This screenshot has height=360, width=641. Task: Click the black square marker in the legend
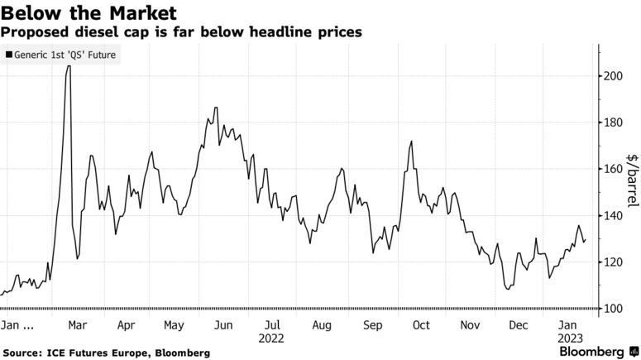pos(9,55)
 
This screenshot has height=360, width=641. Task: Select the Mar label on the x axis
pos(77,325)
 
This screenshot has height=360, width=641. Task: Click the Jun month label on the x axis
pos(222,325)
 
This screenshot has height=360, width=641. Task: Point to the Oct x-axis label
pos(420,325)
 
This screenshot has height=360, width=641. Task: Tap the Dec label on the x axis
pos(519,325)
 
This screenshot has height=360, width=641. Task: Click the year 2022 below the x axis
pos(271,338)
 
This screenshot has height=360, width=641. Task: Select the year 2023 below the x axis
pos(567,338)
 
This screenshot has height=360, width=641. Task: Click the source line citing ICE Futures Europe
pos(106,353)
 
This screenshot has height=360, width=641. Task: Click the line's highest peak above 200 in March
pos(68,66)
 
